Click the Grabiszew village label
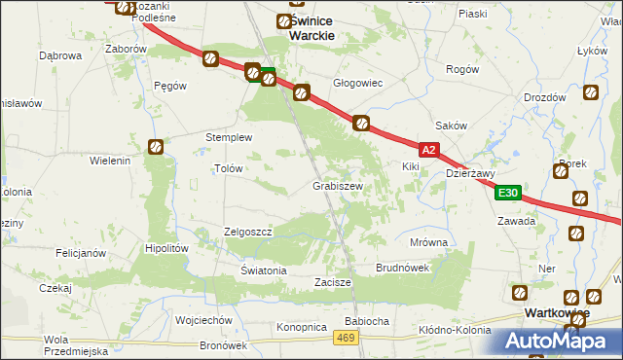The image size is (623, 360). point(338,185)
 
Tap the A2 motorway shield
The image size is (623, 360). point(430,150)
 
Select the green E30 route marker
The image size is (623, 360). point(506,194)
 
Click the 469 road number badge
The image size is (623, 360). point(344,337)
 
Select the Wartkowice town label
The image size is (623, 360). point(556,313)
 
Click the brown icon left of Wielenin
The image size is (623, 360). point(156,147)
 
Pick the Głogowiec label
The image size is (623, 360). point(358,84)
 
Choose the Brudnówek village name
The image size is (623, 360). point(402,267)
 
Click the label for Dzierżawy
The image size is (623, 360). point(470,174)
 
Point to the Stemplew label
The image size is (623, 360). point(229,137)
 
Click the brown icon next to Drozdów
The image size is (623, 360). point(590,94)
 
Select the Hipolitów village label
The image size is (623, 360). point(165,248)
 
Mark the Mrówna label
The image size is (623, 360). point(428,242)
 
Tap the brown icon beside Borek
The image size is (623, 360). point(560,172)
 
